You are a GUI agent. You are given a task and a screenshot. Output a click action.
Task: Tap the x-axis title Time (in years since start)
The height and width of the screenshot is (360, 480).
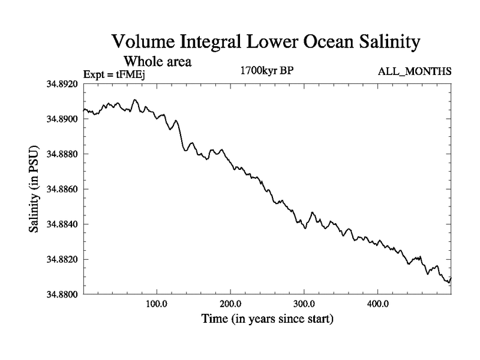(266, 319)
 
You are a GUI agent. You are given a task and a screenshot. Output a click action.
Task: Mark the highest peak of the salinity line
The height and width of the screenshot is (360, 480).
(135, 100)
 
